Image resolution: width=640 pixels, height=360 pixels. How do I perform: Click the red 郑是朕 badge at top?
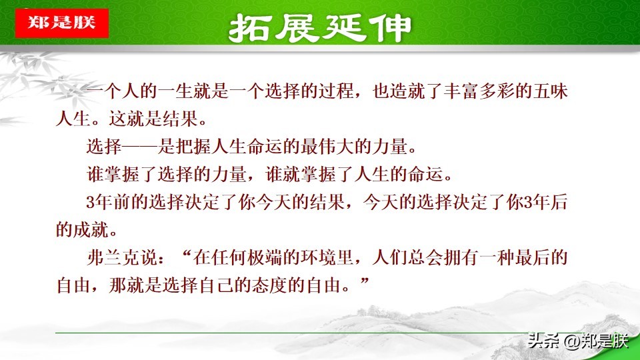(x=62, y=23)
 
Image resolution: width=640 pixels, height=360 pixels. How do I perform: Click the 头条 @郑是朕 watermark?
(x=577, y=341)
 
